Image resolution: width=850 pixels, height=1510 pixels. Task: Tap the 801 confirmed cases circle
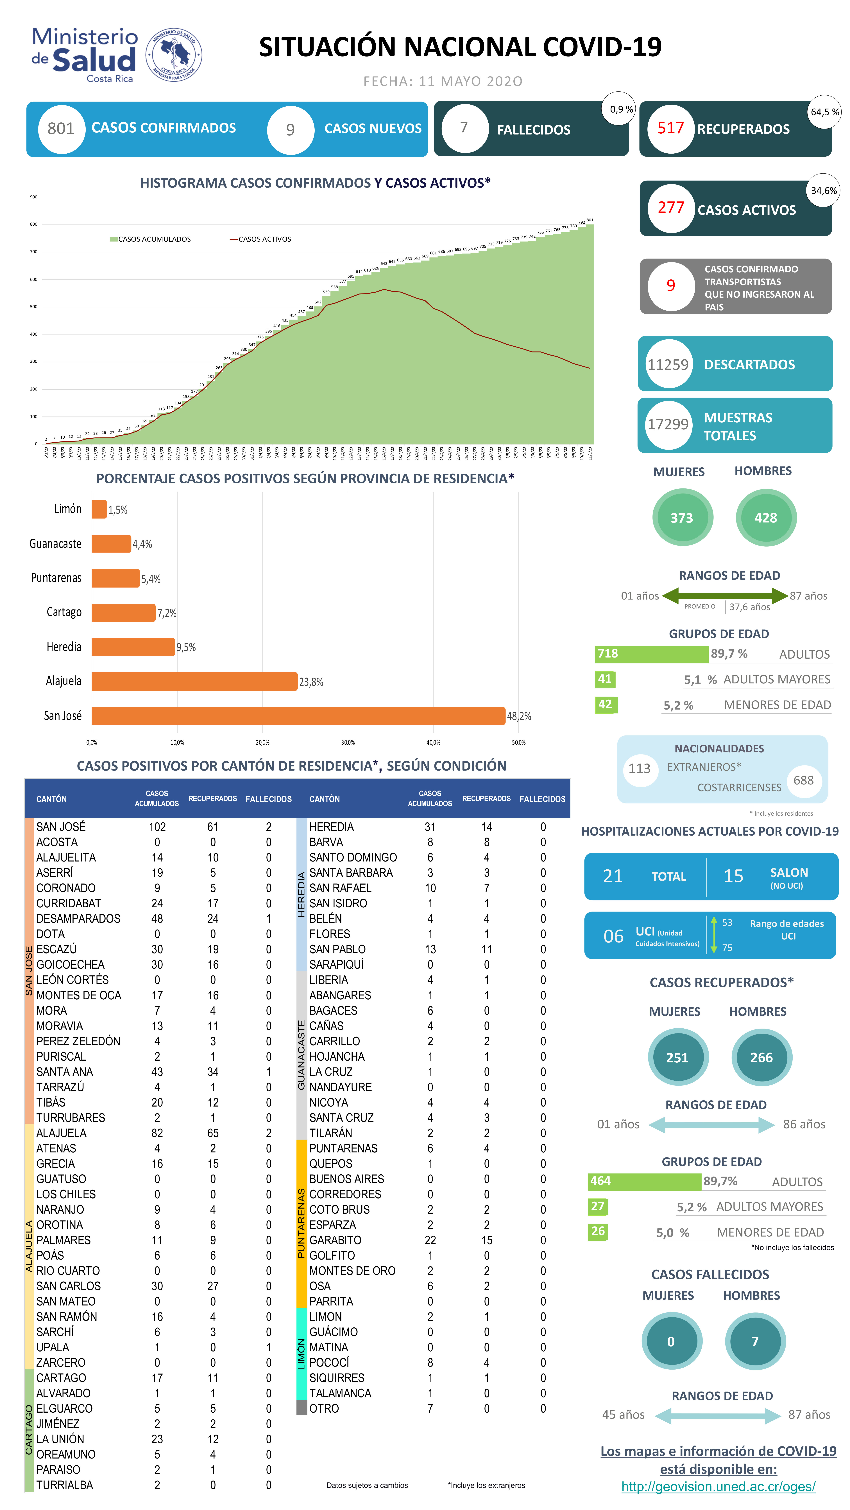pos(61,128)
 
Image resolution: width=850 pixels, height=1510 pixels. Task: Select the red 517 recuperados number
pos(670,128)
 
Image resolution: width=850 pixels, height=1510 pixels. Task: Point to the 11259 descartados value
pos(668,365)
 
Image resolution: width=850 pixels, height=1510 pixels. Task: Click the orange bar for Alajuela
pos(194,681)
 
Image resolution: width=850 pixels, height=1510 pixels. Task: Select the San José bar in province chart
pos(298,716)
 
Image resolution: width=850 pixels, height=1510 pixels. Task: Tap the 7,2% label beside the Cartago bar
pos(167,613)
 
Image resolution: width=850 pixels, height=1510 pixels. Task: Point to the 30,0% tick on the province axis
pos(348,743)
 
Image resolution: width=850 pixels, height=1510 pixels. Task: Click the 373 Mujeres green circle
pos(682,518)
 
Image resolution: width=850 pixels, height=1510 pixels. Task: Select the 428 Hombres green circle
pos(766,518)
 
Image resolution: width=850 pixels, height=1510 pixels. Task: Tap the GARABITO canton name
pos(335,1240)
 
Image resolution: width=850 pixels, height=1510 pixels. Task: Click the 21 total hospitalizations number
pos(613,876)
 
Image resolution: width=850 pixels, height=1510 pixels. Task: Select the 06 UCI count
pos(613,936)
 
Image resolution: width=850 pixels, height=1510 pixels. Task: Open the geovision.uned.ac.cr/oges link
pos(718,1487)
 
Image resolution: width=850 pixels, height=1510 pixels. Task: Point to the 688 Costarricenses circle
pos(803,780)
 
